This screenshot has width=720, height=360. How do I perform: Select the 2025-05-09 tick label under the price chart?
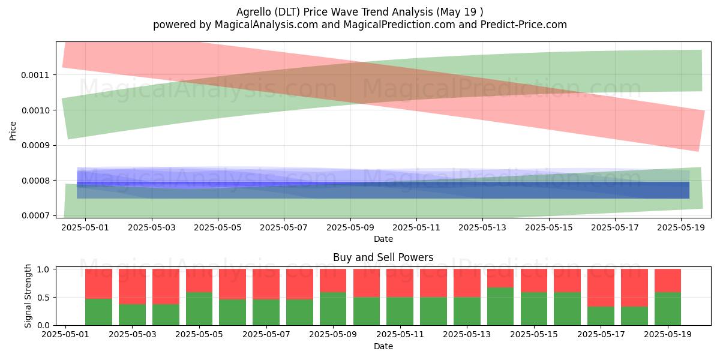350,228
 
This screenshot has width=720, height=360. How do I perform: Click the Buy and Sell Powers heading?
383,257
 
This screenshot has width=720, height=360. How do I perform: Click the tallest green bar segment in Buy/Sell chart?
500,306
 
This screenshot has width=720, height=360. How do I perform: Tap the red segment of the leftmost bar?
98,283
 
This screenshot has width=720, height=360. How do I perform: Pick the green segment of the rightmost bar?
667,309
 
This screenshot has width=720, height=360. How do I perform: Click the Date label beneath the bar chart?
383,346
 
